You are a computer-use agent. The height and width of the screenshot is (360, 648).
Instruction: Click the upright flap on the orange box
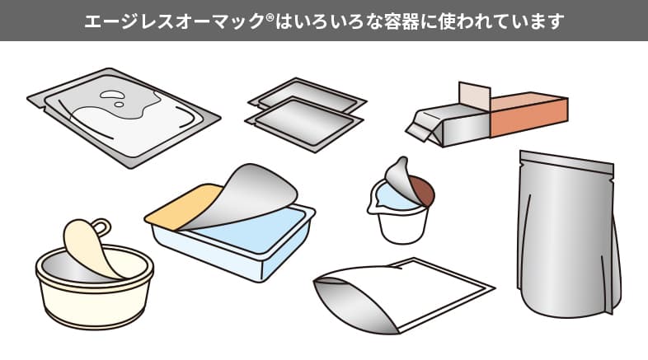point(473,97)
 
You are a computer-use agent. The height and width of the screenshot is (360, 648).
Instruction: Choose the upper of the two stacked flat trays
point(308,96)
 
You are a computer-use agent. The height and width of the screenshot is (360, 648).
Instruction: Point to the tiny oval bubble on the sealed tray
point(120,105)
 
